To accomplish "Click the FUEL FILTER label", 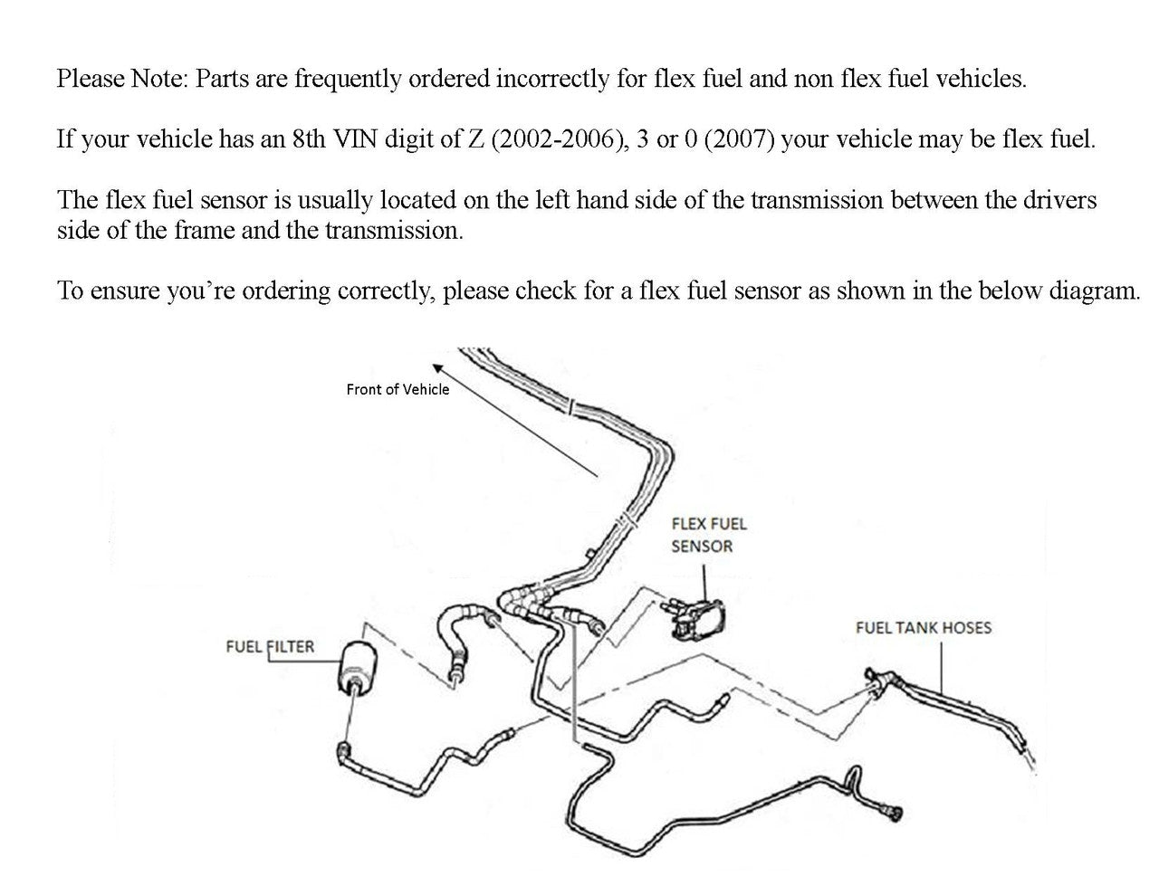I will pos(270,647).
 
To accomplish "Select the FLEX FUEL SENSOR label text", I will pos(708,535).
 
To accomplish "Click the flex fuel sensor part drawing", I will pos(698,618).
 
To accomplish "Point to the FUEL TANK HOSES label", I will pos(923,627).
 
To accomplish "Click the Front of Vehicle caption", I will pos(398,389).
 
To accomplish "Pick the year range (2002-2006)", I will pos(560,139).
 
